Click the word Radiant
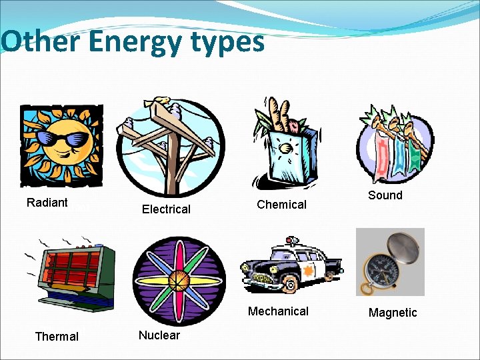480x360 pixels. (x=47, y=203)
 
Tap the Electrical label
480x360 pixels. (x=166, y=209)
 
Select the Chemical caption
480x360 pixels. (x=281, y=205)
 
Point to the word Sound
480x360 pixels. (x=385, y=195)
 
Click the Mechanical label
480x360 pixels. (x=278, y=311)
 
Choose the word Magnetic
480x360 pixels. (x=393, y=313)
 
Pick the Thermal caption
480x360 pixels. (x=57, y=337)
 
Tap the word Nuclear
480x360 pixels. (x=159, y=335)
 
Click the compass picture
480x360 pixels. (x=390, y=262)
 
